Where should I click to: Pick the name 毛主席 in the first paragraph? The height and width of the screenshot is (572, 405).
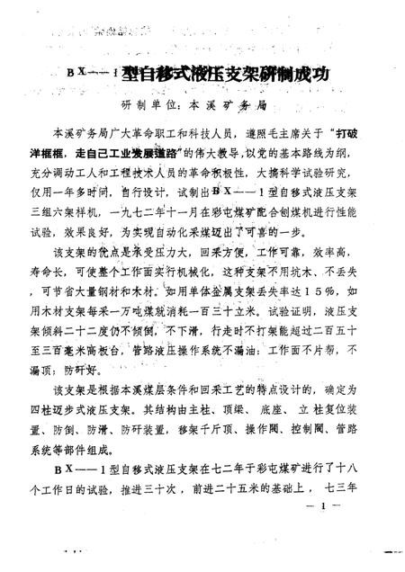pyautogui.click(x=251, y=132)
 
